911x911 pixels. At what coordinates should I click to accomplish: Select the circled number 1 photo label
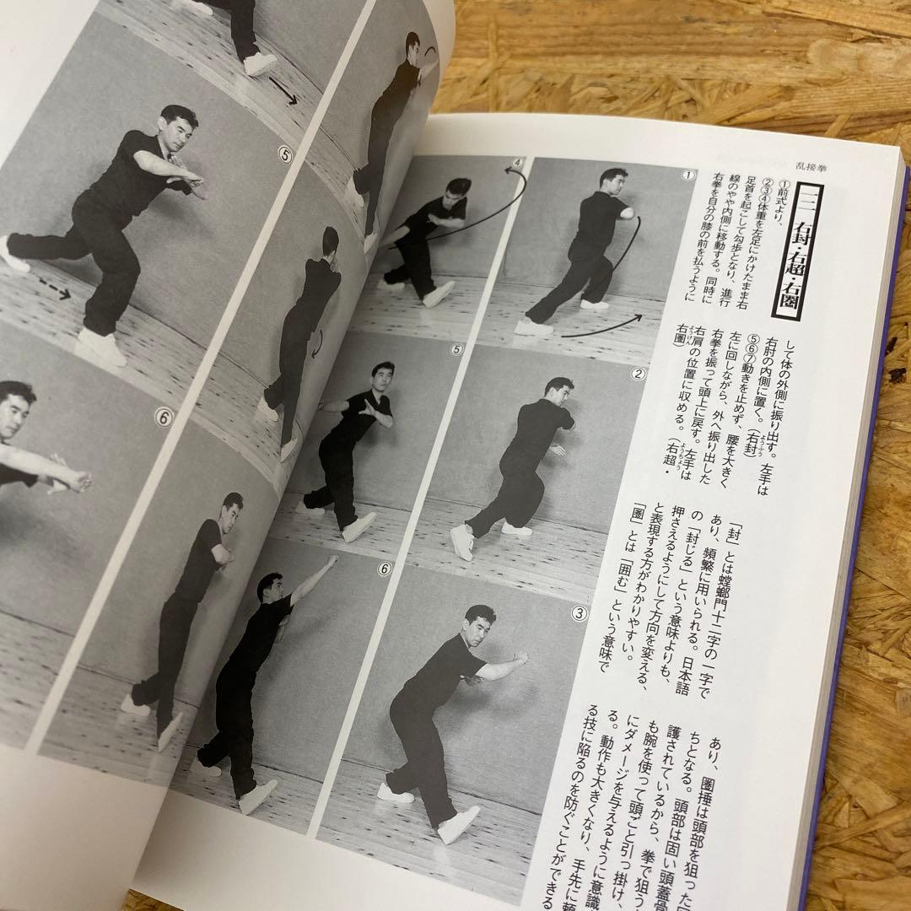pyautogui.click(x=688, y=175)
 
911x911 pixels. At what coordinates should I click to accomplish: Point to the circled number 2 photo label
pyautogui.click(x=639, y=374)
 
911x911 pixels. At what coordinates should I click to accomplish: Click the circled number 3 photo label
pyautogui.click(x=581, y=589)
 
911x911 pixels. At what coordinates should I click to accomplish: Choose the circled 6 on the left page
pyautogui.click(x=162, y=416)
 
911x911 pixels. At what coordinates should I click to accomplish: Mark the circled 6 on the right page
pyautogui.click(x=385, y=569)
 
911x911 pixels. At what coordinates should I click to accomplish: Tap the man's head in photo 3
pyautogui.click(x=479, y=623)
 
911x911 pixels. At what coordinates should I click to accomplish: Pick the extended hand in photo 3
pyautogui.click(x=520, y=657)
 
